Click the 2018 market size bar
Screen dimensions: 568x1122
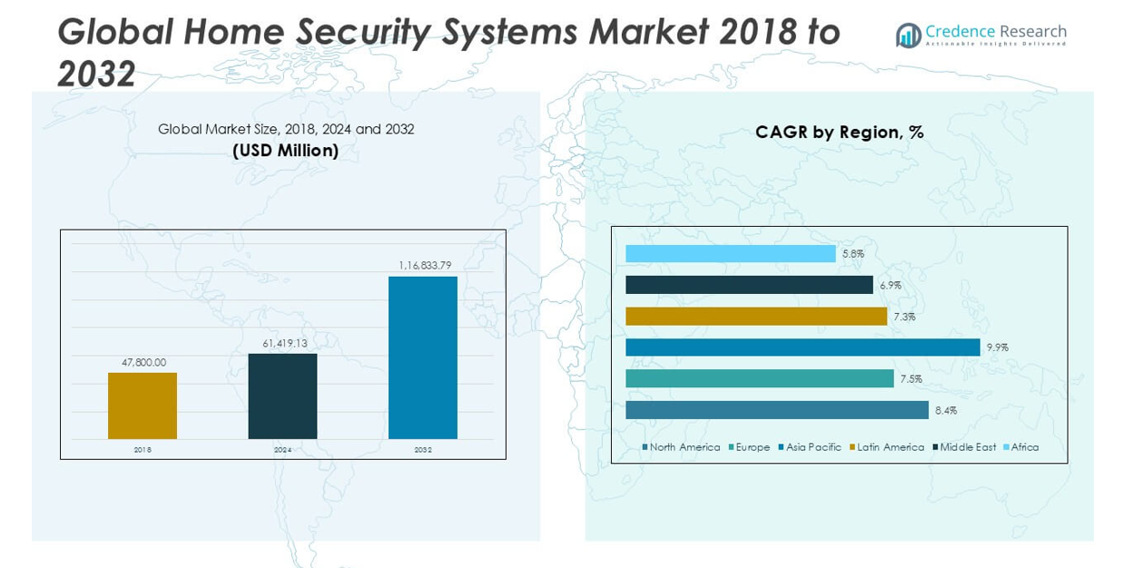click(x=143, y=406)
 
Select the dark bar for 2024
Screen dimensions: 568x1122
click(x=282, y=396)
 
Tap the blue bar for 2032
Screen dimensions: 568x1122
click(x=422, y=357)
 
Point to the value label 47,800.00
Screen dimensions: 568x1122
click(x=144, y=362)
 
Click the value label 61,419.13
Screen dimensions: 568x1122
click(x=284, y=343)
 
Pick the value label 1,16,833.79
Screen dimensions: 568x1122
click(x=425, y=265)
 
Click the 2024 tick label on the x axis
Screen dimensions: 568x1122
click(x=283, y=449)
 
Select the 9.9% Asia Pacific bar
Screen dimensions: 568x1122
click(x=802, y=348)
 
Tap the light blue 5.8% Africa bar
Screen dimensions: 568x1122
click(x=730, y=254)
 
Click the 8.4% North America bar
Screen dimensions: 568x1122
click(x=776, y=410)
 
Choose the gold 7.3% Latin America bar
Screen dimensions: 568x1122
click(x=755, y=316)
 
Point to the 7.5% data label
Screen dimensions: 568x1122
click(x=910, y=378)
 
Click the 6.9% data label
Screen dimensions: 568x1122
click(x=891, y=285)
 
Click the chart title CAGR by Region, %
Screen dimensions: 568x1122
click(x=839, y=132)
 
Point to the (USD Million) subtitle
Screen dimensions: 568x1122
click(x=285, y=151)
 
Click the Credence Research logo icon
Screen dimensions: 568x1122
click(x=908, y=35)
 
